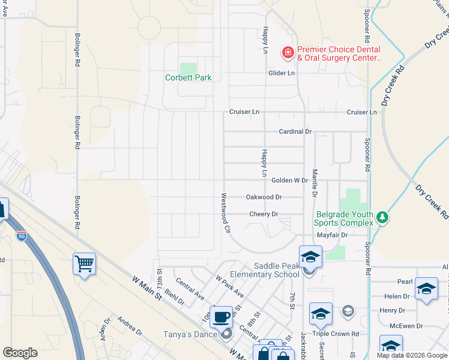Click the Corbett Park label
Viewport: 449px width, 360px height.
[188, 77]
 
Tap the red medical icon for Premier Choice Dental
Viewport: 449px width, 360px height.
[288, 53]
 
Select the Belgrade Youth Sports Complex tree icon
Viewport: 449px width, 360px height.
[382, 216]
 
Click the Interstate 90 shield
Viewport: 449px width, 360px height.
[22, 236]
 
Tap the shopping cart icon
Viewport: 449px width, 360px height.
[84, 263]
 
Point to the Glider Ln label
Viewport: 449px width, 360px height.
[281, 73]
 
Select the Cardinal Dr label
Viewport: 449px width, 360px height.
[295, 131]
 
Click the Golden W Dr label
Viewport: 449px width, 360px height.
[289, 180]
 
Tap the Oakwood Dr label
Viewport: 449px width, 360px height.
[264, 197]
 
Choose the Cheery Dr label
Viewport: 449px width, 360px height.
[264, 214]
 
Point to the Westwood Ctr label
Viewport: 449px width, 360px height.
[226, 212]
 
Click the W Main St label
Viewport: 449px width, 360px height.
[146, 287]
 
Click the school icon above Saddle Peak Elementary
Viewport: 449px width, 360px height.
[310, 256]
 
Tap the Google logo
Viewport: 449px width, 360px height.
[20, 353]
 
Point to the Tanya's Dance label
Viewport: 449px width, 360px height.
[190, 334]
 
